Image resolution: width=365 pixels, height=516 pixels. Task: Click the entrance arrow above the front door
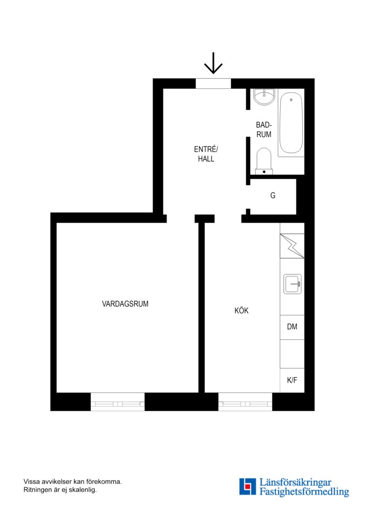coord(213,63)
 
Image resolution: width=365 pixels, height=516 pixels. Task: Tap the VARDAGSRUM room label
coord(125,304)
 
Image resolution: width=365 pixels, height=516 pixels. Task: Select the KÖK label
coord(242,311)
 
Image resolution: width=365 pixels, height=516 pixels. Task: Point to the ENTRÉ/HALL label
coord(206,154)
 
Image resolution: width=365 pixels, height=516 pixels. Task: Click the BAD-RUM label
coord(264,129)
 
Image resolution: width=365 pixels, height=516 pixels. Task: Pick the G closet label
coord(273,195)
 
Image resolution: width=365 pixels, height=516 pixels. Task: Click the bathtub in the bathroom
coord(291,123)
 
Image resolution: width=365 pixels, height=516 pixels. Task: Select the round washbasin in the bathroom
coord(264,97)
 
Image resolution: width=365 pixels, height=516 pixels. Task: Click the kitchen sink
coord(292,284)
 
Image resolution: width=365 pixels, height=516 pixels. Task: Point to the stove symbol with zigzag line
coord(292,246)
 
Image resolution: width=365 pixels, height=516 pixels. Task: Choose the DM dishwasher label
coord(292,327)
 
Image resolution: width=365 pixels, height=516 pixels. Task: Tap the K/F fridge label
coord(292,380)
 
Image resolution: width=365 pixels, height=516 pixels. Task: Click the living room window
coord(118,401)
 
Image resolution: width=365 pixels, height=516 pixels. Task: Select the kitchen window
coord(245,401)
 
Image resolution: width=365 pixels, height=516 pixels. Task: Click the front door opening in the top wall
coord(213,84)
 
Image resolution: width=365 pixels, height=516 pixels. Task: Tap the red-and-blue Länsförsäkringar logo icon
coord(247,487)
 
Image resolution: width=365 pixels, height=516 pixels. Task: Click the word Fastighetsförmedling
coord(304,492)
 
